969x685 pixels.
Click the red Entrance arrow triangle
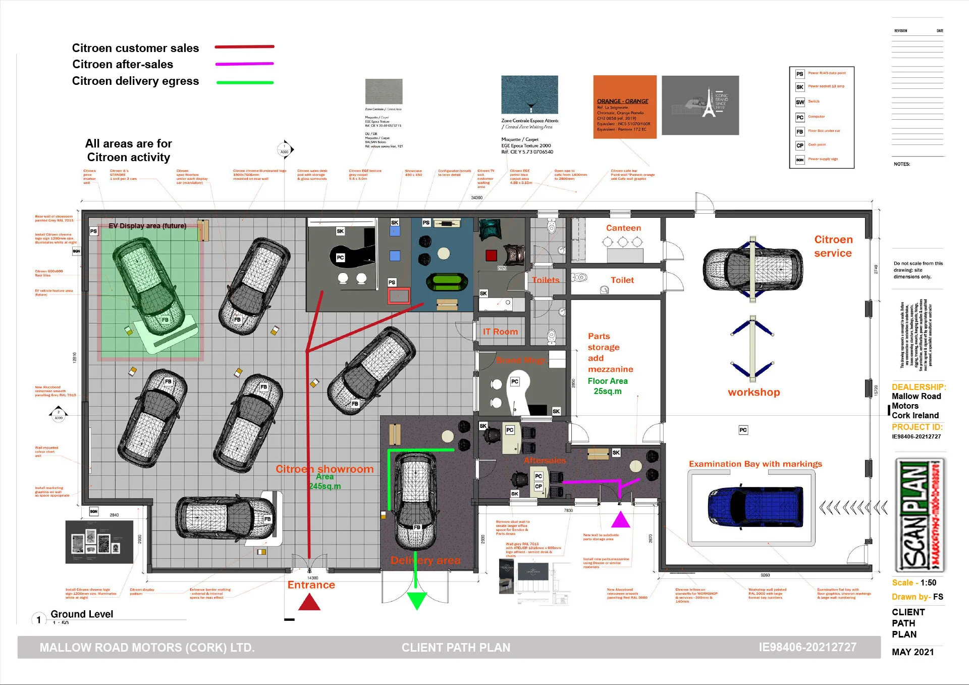309,602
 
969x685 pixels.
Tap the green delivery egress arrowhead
417,600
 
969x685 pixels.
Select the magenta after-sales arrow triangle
621,520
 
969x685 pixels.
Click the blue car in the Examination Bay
755,507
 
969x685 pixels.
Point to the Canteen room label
623,228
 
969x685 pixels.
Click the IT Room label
500,332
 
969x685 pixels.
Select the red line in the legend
244,47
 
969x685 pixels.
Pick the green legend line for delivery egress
245,82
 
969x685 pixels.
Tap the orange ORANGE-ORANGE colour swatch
624,107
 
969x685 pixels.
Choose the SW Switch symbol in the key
800,102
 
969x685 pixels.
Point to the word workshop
753,393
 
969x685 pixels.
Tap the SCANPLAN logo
920,515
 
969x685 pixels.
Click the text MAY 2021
912,652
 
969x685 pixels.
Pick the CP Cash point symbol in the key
800,145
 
